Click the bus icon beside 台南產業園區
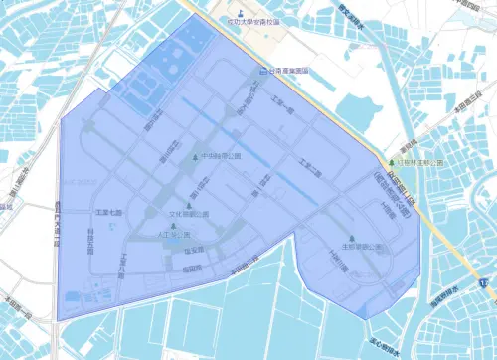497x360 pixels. (262, 71)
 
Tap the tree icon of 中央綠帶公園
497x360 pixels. (195, 157)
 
